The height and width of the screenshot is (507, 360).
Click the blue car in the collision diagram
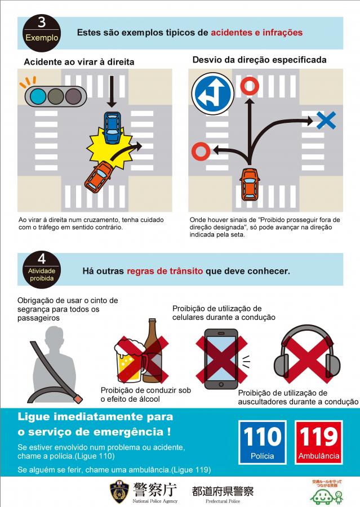pos(113,127)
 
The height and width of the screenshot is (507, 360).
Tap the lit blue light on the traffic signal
pos(38,96)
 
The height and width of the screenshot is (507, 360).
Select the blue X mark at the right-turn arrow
pos(326,121)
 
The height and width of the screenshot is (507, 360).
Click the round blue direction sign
pos(213,94)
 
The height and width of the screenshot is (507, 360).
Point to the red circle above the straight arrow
pos(250,86)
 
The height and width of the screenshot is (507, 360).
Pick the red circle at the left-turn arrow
pos(201,152)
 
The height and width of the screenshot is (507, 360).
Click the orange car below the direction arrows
pos(250,184)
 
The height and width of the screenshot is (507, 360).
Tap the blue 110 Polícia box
pos(263,442)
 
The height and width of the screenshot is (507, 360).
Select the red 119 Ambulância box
pos(319,442)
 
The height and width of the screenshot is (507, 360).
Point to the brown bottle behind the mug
pos(153,350)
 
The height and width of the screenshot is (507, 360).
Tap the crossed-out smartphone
pos(221,359)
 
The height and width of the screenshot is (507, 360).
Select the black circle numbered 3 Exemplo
pos(42,33)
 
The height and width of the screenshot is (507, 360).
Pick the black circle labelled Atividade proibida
pos(42,270)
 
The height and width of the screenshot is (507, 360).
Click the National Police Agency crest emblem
pos(119,491)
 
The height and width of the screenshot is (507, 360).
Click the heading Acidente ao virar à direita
pos(79,62)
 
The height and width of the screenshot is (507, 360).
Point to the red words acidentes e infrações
pos(257,33)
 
